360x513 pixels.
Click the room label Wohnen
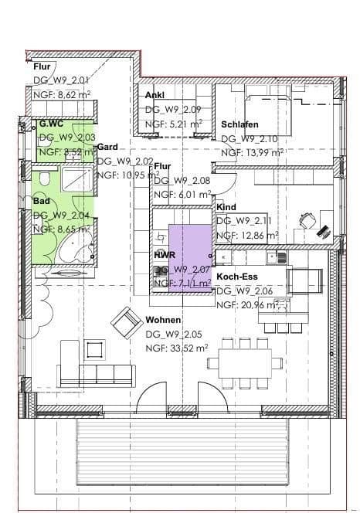click(163, 319)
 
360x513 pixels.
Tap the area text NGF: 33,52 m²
click(176, 348)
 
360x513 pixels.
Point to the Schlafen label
click(239, 124)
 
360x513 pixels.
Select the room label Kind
click(226, 208)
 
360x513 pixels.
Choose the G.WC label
click(51, 123)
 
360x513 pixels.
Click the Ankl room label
click(155, 95)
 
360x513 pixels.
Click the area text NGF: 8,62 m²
click(61, 94)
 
